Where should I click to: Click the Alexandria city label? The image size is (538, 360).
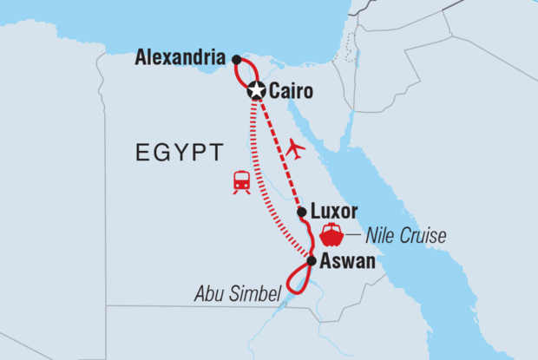(x=182, y=59)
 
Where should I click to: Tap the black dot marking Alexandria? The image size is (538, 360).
(x=237, y=59)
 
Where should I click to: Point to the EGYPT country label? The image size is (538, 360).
(x=179, y=153)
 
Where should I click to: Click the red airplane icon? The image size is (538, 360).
(x=296, y=149)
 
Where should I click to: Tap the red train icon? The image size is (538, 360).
(x=242, y=181)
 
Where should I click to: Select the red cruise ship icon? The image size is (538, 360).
(x=331, y=234)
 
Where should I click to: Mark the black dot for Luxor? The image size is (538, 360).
(x=301, y=212)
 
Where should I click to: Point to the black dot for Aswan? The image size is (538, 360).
(x=312, y=260)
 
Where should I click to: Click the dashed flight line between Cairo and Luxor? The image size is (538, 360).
(x=279, y=152)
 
